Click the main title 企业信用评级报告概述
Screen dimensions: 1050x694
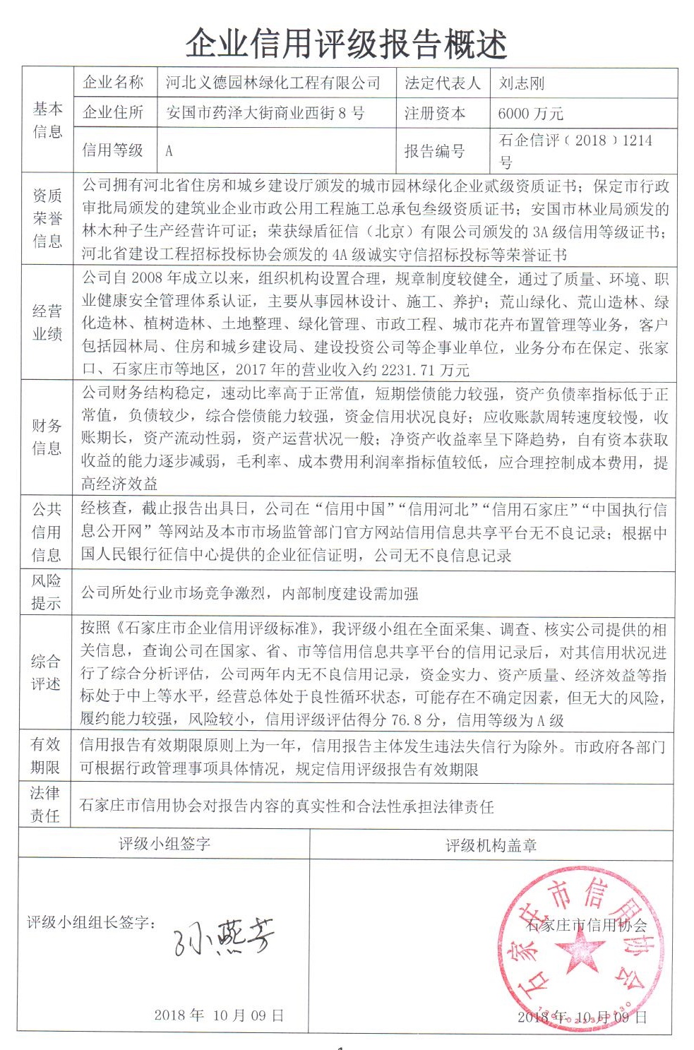(346, 43)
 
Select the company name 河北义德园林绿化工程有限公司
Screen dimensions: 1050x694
(273, 83)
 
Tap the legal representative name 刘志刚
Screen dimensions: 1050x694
(522, 83)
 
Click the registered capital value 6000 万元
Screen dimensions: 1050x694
(530, 114)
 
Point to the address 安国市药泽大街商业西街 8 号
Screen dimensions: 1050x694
(265, 113)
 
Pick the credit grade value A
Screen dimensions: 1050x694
(169, 150)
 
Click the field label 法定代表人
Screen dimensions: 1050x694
(442, 83)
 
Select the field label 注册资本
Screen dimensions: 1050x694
(435, 113)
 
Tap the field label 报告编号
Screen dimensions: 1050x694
(435, 150)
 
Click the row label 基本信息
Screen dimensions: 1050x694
(47, 119)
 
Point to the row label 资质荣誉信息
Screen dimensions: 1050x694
(47, 218)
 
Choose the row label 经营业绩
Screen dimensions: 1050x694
(47, 322)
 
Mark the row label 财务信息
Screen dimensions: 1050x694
(47, 436)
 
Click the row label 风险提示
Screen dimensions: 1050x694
(47, 592)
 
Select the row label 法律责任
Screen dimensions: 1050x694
(46, 804)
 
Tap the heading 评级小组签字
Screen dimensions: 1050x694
(164, 843)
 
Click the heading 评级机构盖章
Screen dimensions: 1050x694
(491, 845)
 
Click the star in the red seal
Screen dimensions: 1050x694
(583, 948)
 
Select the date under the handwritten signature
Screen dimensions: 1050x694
(219, 1015)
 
